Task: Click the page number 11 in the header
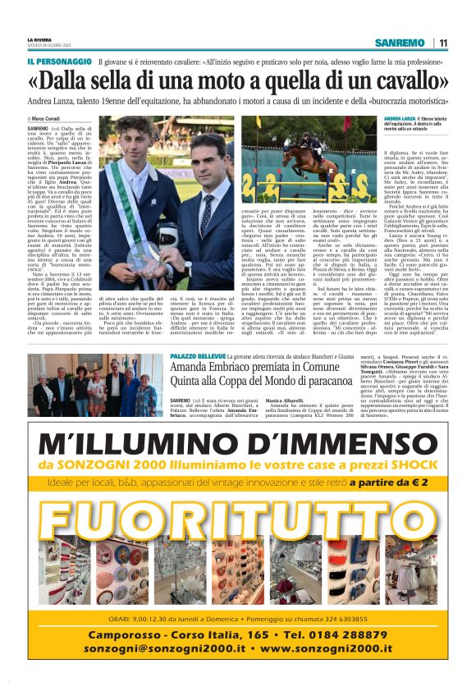443,43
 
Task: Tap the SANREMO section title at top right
399,43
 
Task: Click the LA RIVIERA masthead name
39,39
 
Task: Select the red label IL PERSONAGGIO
59,62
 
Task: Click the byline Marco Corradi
49,120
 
